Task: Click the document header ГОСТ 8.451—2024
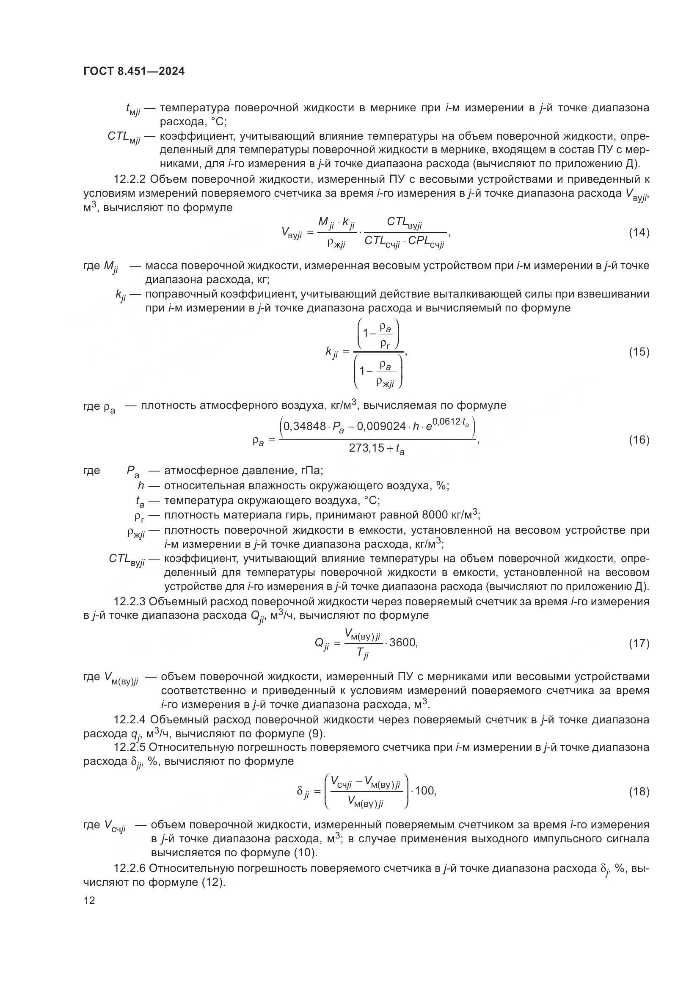coord(134,71)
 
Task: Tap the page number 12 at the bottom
coord(89,901)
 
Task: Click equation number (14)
coord(639,233)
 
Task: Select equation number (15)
coord(639,352)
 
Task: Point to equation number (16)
coord(639,440)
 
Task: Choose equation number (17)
coord(639,644)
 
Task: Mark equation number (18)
coord(639,791)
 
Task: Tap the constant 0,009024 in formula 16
coord(380,427)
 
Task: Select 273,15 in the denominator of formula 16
coord(367,448)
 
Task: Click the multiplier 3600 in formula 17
coord(403,643)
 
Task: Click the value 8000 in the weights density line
coord(435,515)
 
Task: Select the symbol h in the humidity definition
coord(141,485)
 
